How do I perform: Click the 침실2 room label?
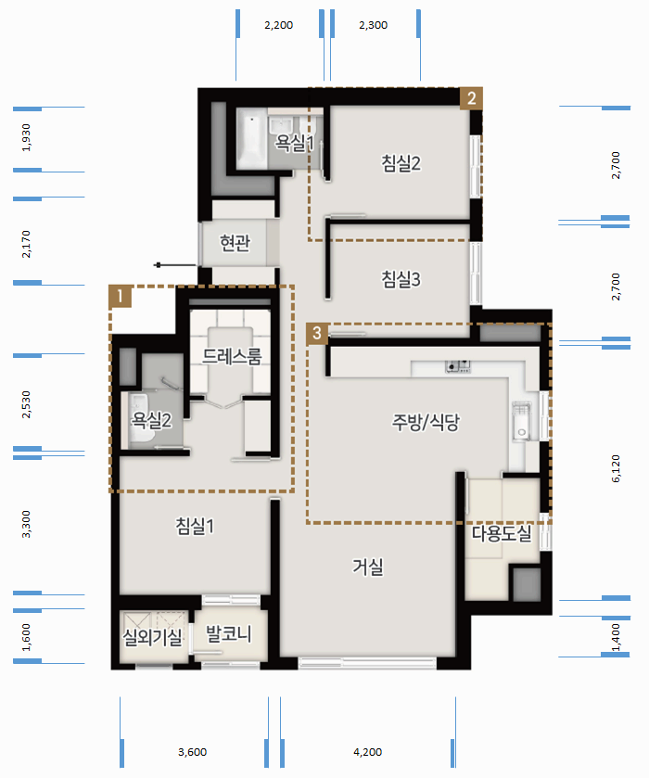tap(401, 163)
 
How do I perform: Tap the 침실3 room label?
tap(401, 279)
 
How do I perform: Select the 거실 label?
tap(368, 567)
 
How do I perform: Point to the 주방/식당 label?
tap(426, 422)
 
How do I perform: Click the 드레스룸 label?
tap(232, 356)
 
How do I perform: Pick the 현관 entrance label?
tap(235, 243)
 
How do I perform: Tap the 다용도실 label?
tap(502, 533)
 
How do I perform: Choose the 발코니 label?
tap(229, 633)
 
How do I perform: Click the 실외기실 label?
tap(152, 637)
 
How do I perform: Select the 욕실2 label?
tap(151, 420)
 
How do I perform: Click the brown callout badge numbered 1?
tap(121, 296)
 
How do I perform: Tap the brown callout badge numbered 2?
tap(471, 98)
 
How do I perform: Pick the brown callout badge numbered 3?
tap(317, 333)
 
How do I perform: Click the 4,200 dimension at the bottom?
tap(368, 752)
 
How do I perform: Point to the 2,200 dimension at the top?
tap(279, 25)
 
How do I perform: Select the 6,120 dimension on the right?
tap(616, 468)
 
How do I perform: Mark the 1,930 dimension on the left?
tap(26, 137)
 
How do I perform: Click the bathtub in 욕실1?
tap(252, 138)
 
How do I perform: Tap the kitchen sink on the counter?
tap(521, 422)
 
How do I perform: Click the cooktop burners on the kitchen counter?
tap(458, 366)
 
